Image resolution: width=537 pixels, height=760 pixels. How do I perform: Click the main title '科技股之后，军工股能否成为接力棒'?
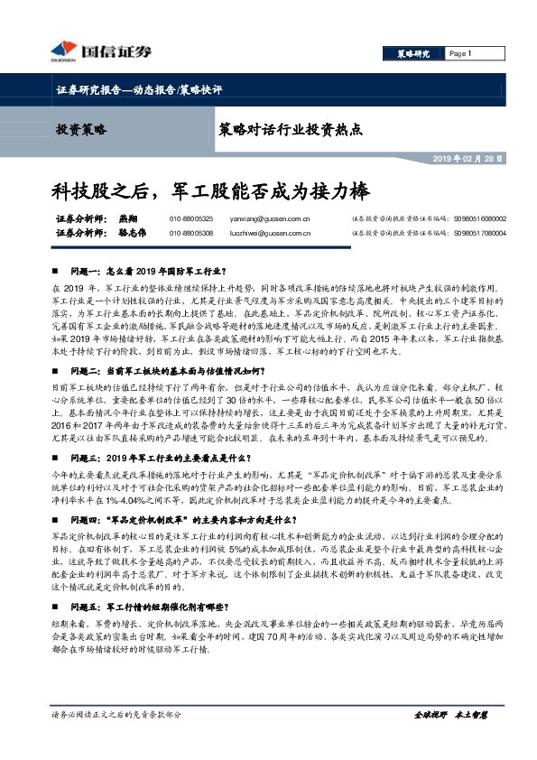pos(210,191)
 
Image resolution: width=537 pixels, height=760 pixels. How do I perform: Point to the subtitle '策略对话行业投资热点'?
pos(291,129)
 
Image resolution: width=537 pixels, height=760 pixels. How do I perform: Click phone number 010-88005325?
pos(190,218)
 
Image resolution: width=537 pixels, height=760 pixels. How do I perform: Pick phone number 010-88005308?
pos(190,233)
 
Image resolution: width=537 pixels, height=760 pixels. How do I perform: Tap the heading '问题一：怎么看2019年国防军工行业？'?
pos(147,271)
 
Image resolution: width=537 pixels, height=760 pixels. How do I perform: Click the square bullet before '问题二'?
pos(59,371)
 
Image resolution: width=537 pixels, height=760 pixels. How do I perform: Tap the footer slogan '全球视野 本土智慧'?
pos(449,739)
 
